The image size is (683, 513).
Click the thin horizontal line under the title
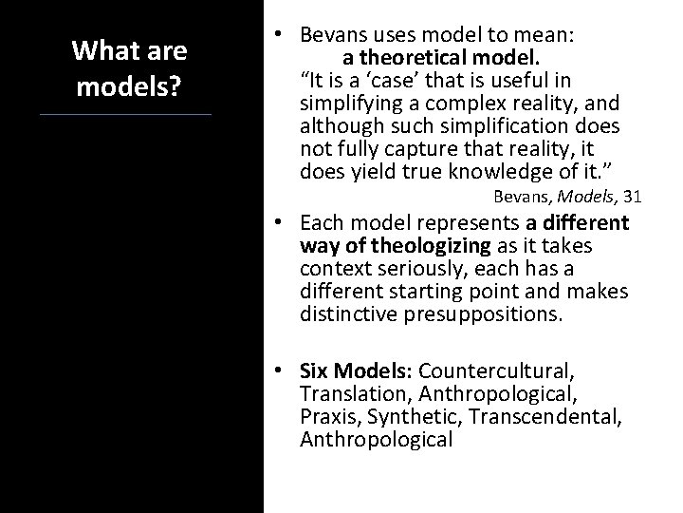coord(126,115)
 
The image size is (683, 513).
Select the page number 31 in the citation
coord(633,197)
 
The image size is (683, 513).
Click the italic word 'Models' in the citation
coord(586,197)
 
